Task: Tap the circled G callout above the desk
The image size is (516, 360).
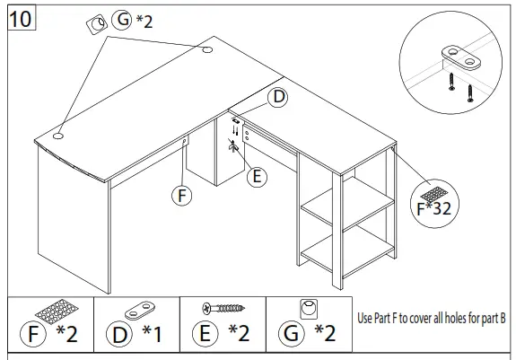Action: [123, 19]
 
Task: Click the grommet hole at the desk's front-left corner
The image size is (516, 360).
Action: [57, 136]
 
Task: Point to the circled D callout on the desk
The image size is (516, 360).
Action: [279, 98]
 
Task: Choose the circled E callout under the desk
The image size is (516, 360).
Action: [258, 177]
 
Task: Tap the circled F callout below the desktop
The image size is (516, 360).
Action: [182, 194]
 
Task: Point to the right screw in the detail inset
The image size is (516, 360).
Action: [468, 92]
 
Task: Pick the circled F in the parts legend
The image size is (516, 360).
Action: [33, 335]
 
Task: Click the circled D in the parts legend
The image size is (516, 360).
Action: [120, 335]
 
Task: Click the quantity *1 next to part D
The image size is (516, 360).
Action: [152, 335]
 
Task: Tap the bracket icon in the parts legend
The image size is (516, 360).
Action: [140, 310]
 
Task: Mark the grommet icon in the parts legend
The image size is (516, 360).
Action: [308, 310]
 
